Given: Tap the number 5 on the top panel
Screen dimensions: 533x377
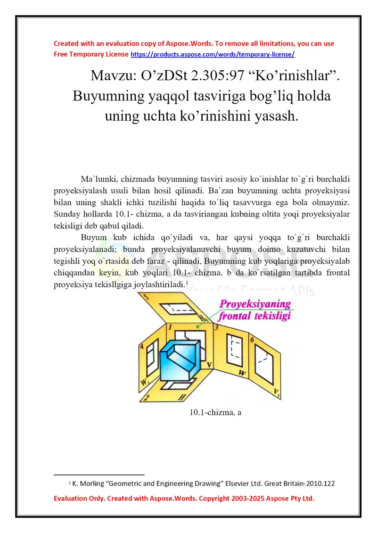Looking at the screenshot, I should click(x=146, y=298).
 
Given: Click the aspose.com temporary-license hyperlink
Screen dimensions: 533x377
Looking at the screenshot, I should click(x=212, y=54).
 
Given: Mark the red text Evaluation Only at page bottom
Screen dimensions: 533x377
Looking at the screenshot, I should click(x=78, y=498).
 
